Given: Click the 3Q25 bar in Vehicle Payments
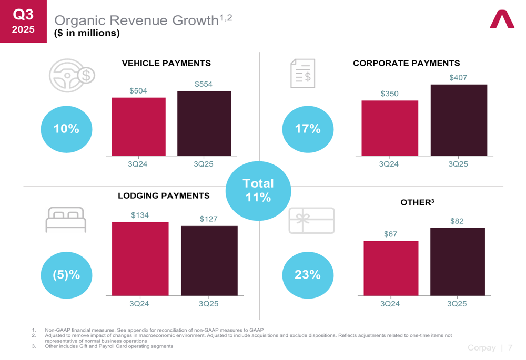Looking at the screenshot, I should tap(204, 124).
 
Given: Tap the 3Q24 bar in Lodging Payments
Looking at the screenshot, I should tap(140, 259).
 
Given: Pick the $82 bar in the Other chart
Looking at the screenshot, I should tap(457, 261).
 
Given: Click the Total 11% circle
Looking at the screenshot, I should tap(258, 191).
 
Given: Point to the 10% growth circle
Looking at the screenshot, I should tap(66, 129).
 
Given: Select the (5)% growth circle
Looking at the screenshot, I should tap(66, 275).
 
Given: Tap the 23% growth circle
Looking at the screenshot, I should tap(308, 275).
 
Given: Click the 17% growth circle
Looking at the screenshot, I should tap(308, 129).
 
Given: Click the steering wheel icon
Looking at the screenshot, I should tap(72, 76).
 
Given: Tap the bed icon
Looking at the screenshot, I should tap(66, 219).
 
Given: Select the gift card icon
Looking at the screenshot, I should tap(311, 221).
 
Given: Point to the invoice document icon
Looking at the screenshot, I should tap(303, 74).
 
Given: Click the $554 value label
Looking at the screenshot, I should tap(204, 84).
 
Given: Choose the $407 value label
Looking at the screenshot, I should tap(458, 78).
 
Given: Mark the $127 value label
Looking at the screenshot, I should tap(209, 219).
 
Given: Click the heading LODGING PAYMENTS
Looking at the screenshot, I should tap(164, 196).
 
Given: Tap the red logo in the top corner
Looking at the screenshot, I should tap(502, 19).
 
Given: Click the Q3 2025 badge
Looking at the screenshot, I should tap(23, 21).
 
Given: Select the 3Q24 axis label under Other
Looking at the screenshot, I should tap(390, 304).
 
